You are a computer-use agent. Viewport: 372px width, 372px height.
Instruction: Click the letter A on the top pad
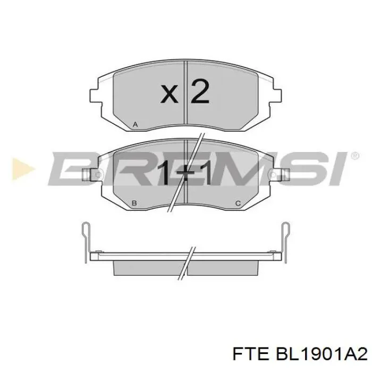136,125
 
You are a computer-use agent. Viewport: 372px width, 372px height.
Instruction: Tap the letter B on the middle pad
134,204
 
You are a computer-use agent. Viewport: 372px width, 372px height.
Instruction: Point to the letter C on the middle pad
238,204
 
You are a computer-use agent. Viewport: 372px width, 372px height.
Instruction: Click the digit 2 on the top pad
200,92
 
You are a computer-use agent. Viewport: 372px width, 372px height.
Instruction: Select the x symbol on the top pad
170,95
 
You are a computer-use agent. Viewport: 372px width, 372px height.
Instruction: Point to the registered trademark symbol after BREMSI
354,155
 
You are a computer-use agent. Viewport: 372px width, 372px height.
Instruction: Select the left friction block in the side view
149,266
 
